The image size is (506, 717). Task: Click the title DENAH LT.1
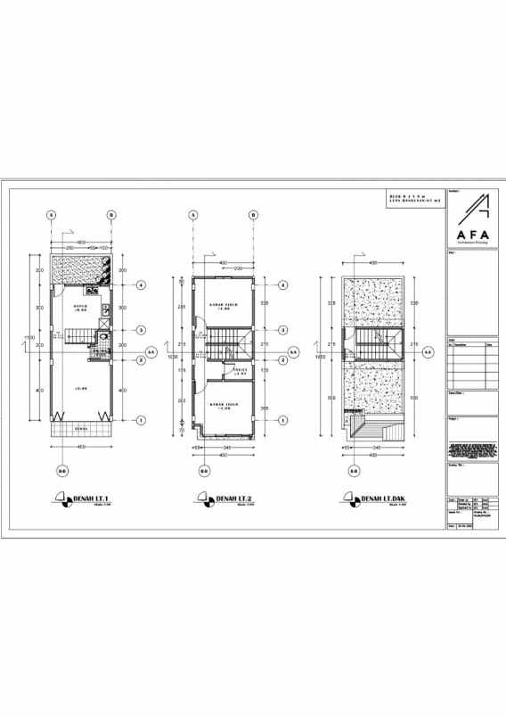click(86, 498)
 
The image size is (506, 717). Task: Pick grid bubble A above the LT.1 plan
click(52, 215)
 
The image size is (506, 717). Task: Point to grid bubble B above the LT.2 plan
click(253, 215)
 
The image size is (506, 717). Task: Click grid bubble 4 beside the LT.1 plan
click(141, 285)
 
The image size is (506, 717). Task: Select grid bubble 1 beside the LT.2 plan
click(282, 419)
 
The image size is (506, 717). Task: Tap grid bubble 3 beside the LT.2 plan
click(282, 330)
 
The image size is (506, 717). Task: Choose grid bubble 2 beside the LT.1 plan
click(141, 360)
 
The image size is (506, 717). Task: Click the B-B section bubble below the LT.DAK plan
click(354, 471)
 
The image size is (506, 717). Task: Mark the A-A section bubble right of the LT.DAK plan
click(428, 352)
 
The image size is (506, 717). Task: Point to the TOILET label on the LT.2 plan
click(239, 370)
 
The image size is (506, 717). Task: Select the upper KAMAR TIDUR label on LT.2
click(223, 306)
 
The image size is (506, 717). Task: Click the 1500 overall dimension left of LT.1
click(29, 338)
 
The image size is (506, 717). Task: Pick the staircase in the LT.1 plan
click(79, 335)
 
